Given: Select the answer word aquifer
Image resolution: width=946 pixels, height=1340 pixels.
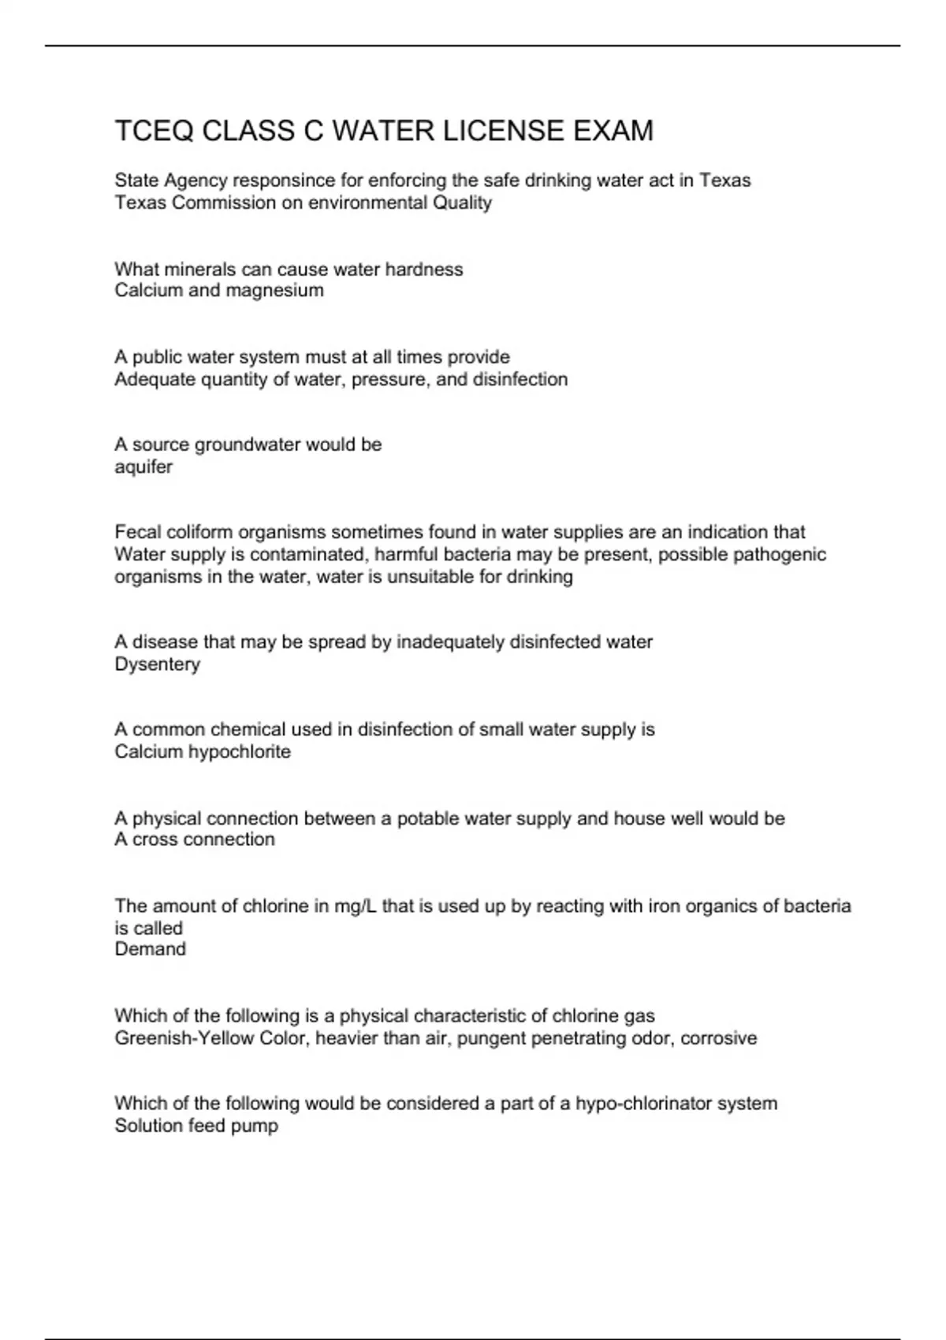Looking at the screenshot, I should coord(143,467).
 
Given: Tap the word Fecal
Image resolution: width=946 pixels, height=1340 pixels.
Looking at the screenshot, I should coord(135,532).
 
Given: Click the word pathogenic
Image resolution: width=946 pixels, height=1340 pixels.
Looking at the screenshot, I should coord(780,554).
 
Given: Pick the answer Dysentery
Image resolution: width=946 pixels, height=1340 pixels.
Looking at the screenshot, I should coord(158,664).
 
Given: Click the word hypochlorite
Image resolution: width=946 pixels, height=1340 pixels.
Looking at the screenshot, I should coord(239,752).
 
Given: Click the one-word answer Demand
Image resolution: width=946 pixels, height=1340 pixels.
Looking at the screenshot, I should coord(151,949).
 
